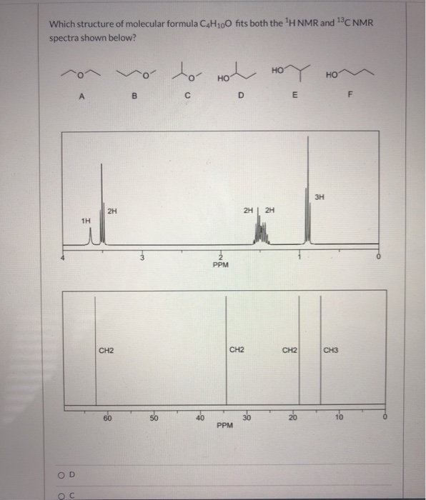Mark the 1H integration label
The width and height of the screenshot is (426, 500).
[x=86, y=221]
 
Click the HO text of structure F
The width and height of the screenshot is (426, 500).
[x=330, y=74]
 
